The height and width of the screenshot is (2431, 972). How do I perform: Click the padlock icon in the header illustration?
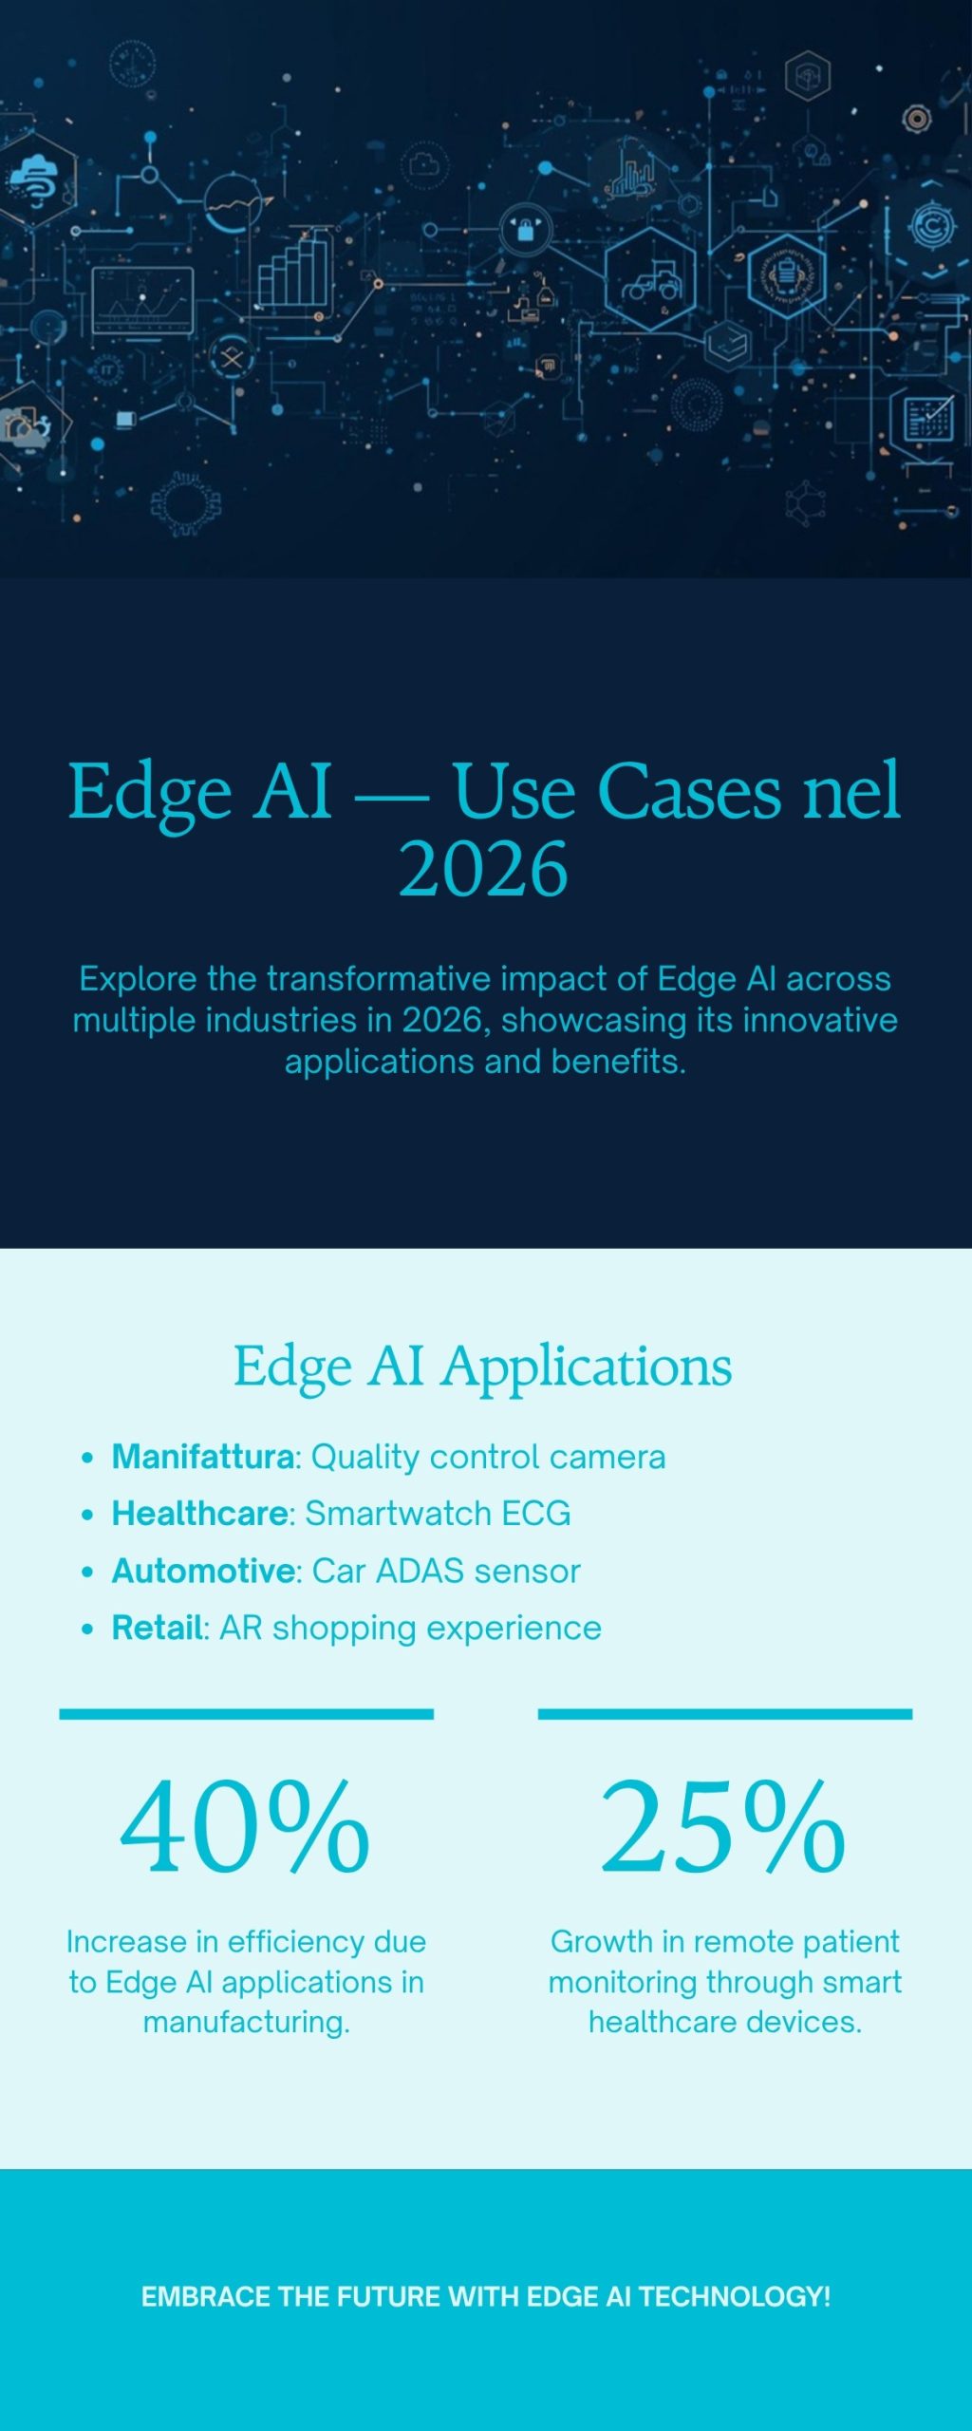tap(524, 229)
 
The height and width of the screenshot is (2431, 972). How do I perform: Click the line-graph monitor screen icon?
tap(142, 301)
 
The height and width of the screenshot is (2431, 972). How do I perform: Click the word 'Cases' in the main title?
tap(690, 791)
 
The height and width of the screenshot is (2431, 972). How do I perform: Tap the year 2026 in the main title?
tap(483, 869)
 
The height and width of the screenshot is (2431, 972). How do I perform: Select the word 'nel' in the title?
tap(851, 791)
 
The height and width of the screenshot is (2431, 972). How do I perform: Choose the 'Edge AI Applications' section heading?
tap(483, 1366)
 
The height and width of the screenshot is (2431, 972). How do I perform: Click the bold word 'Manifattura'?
tap(203, 1457)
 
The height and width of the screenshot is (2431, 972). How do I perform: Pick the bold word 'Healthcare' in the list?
tap(200, 1514)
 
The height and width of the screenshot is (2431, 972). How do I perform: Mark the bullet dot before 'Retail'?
tap(87, 1629)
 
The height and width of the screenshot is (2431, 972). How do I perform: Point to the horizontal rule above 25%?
tap(724, 1714)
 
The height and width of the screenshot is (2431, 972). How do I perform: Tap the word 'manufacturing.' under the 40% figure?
tap(246, 2022)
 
